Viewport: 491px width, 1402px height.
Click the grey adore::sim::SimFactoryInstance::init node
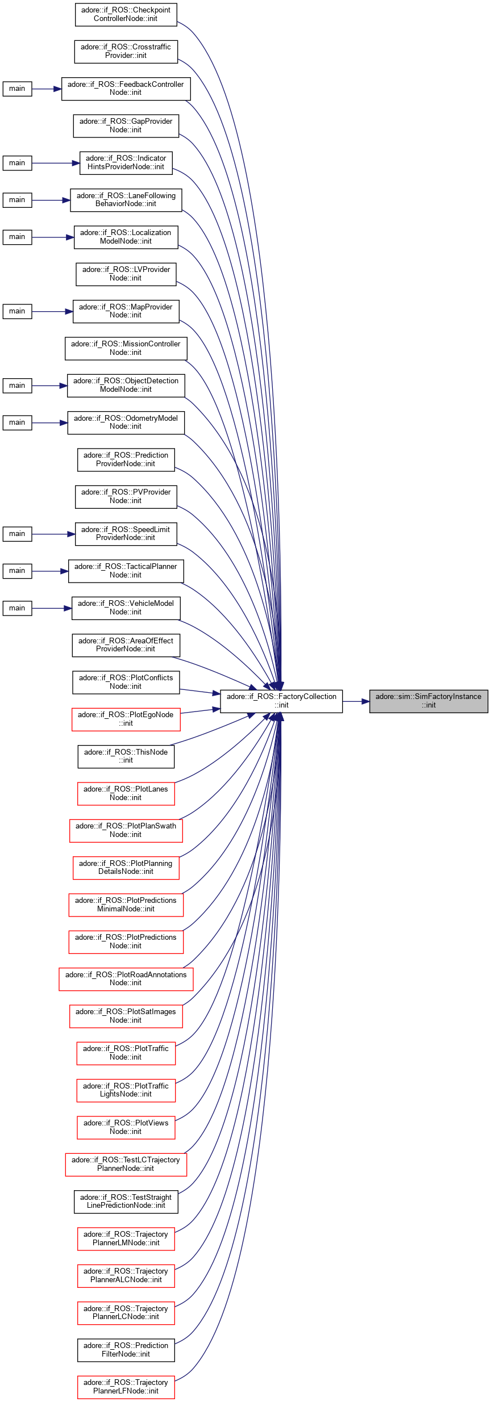(x=428, y=701)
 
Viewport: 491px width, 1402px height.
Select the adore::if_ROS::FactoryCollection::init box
(x=281, y=701)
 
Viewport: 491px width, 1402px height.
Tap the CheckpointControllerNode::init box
(x=126, y=14)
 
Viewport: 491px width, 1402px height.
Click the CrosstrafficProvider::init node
(x=126, y=51)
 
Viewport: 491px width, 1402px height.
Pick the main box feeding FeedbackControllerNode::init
(x=17, y=89)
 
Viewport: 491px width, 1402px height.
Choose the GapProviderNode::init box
(x=126, y=125)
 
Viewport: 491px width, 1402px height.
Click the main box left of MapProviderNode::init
(x=17, y=311)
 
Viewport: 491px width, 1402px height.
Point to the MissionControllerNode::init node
(x=126, y=348)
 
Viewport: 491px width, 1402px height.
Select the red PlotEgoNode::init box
(x=126, y=719)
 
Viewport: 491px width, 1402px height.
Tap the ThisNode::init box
(x=126, y=756)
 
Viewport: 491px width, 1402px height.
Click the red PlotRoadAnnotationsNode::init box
(x=126, y=978)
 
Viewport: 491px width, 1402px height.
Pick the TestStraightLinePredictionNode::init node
(x=126, y=1201)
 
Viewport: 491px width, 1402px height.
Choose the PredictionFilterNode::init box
(x=126, y=1350)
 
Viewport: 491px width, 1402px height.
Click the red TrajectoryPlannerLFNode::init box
(x=126, y=1387)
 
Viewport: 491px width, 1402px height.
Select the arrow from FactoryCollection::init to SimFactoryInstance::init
(x=356, y=701)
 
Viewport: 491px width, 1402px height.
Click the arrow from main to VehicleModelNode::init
(x=51, y=608)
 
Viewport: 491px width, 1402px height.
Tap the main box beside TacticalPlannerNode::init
(x=17, y=571)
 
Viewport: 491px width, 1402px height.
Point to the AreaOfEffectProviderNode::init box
(x=126, y=644)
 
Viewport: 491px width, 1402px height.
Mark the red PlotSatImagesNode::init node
(x=126, y=1016)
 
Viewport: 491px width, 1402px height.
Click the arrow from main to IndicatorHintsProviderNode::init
(x=55, y=163)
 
